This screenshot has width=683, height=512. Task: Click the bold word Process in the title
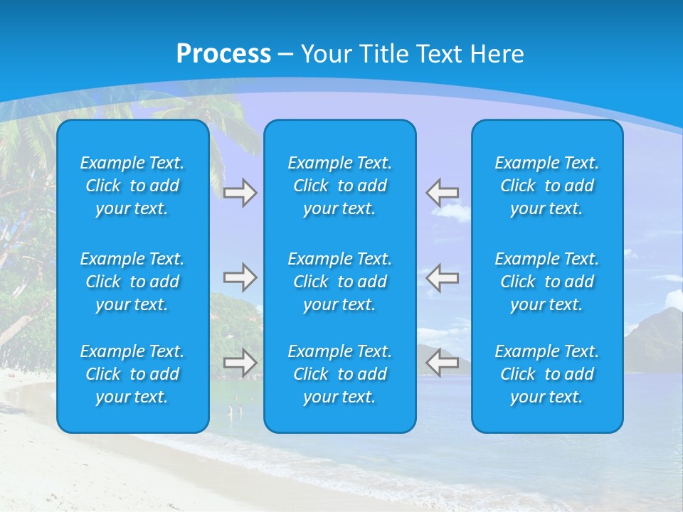tap(223, 54)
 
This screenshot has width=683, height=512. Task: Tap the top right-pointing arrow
tap(240, 193)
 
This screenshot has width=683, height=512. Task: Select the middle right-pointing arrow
tap(240, 277)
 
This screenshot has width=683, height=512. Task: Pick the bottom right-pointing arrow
tap(240, 363)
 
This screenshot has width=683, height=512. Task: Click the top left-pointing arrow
tap(442, 193)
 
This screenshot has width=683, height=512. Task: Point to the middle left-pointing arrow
tap(442, 277)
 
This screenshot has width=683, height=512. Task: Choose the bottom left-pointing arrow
tap(442, 363)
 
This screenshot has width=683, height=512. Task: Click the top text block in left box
tap(132, 186)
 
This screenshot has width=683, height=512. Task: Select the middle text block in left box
tap(132, 282)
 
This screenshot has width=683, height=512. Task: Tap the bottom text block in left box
tap(132, 374)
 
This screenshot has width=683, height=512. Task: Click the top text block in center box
tap(340, 186)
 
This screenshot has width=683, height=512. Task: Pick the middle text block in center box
tap(340, 282)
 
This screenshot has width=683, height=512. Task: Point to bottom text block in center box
tap(340, 374)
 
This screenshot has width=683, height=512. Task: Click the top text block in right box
tap(547, 186)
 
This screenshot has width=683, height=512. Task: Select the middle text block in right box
tap(547, 282)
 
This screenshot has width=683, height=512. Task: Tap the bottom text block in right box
tap(547, 374)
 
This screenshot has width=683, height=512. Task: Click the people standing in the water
tap(235, 410)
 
